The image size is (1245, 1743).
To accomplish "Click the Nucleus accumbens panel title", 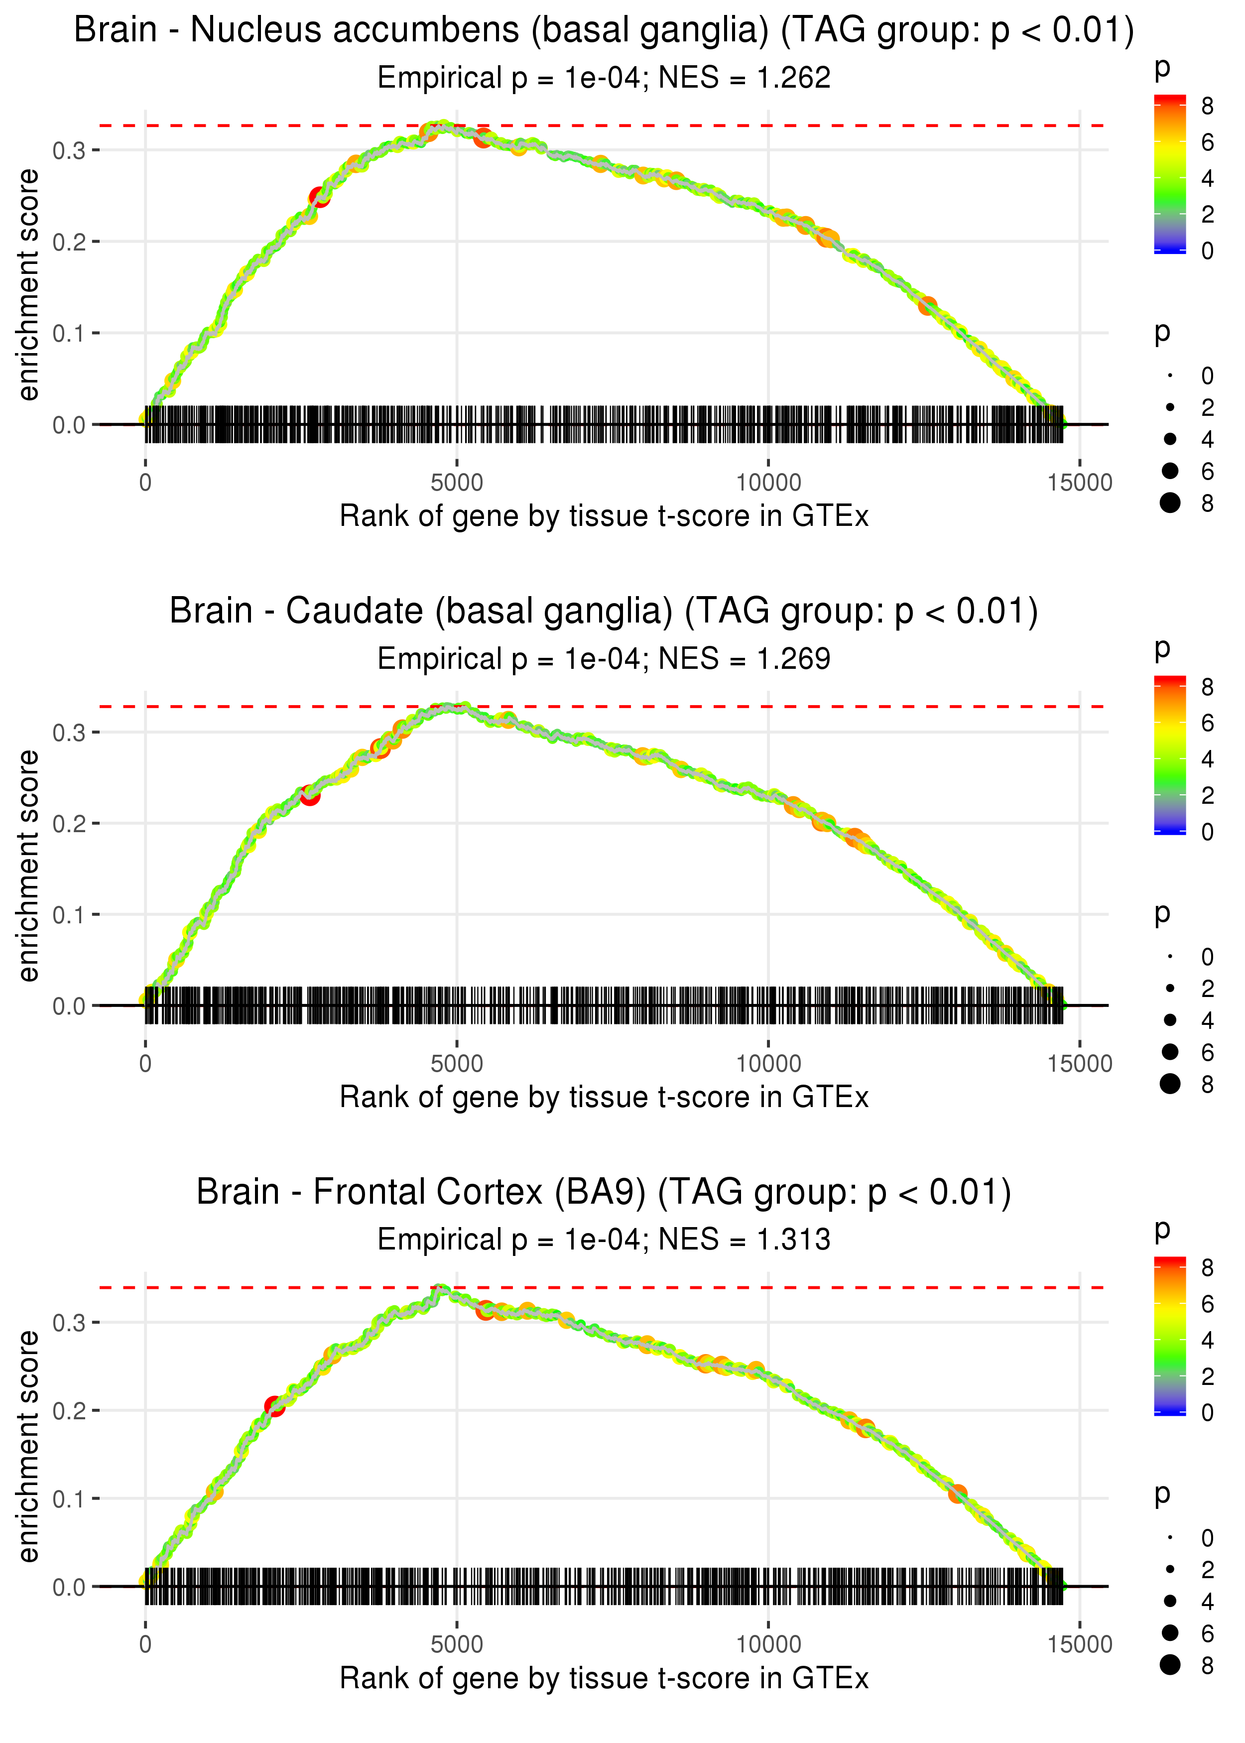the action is point(604,31).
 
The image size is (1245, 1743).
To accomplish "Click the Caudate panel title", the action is point(604,612).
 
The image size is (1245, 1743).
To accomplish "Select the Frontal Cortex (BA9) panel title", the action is point(604,1193).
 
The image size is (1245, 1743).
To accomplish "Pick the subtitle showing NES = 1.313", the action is point(604,1240).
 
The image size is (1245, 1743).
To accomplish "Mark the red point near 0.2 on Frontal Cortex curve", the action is point(274,1406).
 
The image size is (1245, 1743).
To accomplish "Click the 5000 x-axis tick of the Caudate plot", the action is point(457,1064).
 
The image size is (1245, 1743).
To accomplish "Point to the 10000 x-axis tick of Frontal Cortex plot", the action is point(768,1645).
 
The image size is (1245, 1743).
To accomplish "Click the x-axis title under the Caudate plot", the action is point(604,1098).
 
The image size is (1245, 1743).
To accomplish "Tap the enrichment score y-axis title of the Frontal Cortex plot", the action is point(28,1447).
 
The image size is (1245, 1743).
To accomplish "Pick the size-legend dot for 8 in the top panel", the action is point(1170,503).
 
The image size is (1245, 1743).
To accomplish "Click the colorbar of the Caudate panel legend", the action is point(1170,755).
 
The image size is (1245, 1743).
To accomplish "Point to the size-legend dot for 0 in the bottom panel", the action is point(1170,1538).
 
